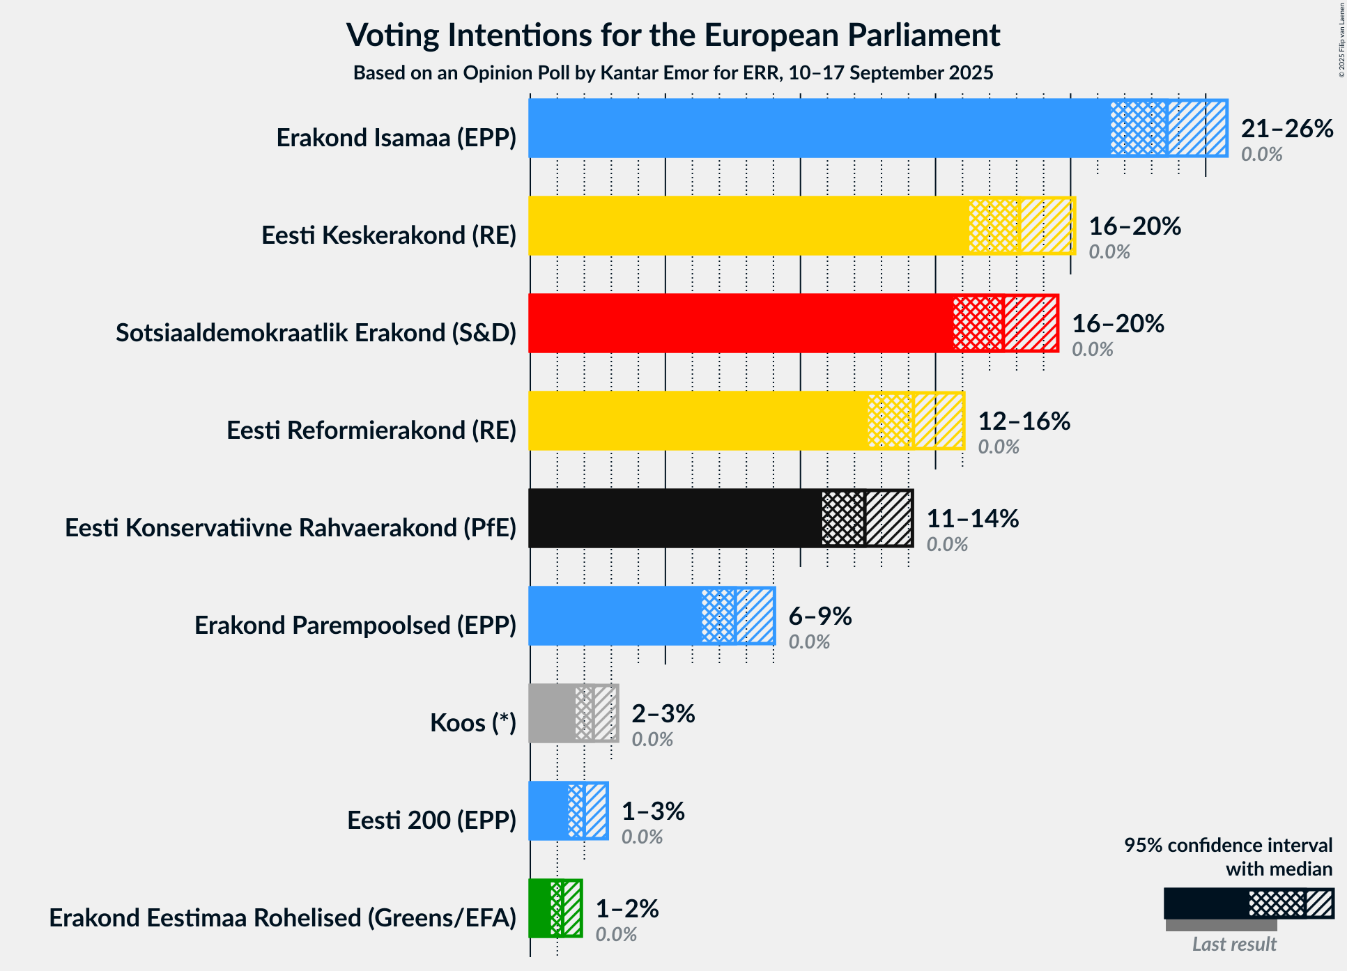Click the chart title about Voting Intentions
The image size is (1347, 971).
(x=673, y=35)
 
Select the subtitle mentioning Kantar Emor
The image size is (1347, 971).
(x=673, y=73)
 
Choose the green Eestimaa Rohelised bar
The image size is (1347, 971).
(x=539, y=908)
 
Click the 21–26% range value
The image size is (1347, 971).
(x=1287, y=129)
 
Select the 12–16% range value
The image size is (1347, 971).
(x=1024, y=421)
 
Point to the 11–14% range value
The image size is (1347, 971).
(x=972, y=519)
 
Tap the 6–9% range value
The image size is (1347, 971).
(x=819, y=616)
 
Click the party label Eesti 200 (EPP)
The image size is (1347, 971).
(x=431, y=821)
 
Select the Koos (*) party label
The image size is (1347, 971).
(x=472, y=723)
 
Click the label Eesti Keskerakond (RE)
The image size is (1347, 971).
(x=389, y=235)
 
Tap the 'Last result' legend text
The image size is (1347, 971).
(x=1234, y=945)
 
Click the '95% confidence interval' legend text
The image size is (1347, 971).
(x=1228, y=846)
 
